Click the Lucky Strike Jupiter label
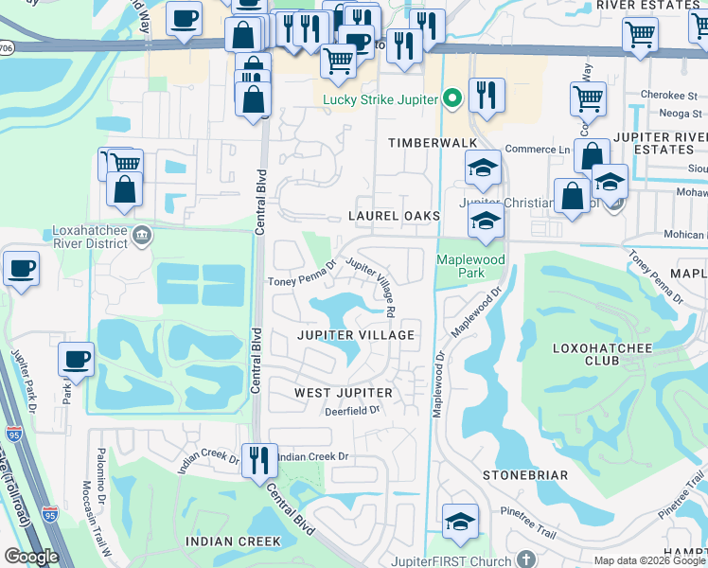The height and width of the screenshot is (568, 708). click(x=382, y=98)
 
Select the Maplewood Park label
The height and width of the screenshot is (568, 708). click(x=470, y=266)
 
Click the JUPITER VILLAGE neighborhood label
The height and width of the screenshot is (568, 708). click(x=356, y=335)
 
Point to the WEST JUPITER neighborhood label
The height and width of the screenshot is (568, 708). click(x=343, y=392)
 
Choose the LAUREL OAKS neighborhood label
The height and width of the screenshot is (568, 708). click(x=394, y=216)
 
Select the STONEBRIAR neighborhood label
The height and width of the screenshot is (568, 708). click(x=525, y=474)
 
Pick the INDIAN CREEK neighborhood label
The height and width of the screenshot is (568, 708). click(x=233, y=541)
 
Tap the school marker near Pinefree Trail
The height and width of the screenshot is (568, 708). click(x=460, y=522)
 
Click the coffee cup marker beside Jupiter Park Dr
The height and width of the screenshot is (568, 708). click(x=76, y=360)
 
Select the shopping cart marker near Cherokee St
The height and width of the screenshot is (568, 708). click(x=588, y=98)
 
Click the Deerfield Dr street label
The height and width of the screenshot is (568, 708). click(x=351, y=411)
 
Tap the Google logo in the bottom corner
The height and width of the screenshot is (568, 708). click(x=32, y=557)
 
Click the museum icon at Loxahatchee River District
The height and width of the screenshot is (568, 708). click(x=142, y=235)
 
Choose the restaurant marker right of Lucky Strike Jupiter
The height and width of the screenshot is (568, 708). click(x=487, y=95)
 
